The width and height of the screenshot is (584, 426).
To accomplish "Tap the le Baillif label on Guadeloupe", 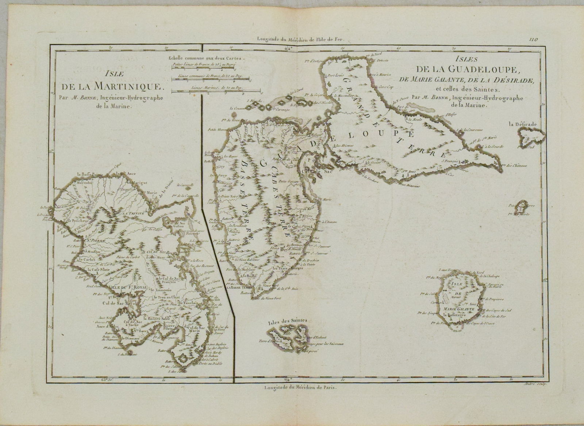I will (249, 275).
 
